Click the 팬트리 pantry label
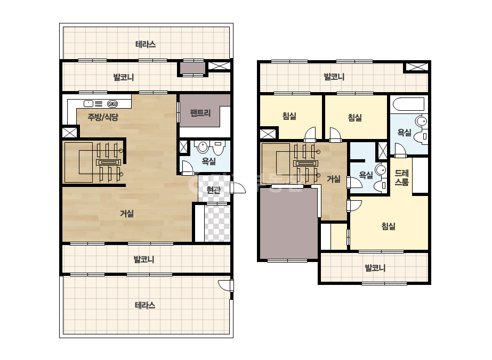coord(200,113)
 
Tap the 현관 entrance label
coord(213,190)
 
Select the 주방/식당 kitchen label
coord(103,117)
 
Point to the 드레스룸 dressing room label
coord(401,177)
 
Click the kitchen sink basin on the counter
coord(88,103)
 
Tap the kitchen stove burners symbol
coord(112,104)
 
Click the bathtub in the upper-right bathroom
coord(409,104)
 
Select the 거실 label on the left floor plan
coord(127,214)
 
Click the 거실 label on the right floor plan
coord(334,179)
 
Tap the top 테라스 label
coord(146,44)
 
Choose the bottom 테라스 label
coord(145,305)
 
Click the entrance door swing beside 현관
coord(238,188)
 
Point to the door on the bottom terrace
coord(226,285)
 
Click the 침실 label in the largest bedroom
coord(388,226)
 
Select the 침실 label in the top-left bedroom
coord(289,116)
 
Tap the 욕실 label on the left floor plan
coord(208,161)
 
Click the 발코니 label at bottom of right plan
coord(375,268)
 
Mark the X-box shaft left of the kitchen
coord(69,132)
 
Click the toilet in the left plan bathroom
coord(219,148)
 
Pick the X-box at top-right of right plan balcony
coord(417,67)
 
